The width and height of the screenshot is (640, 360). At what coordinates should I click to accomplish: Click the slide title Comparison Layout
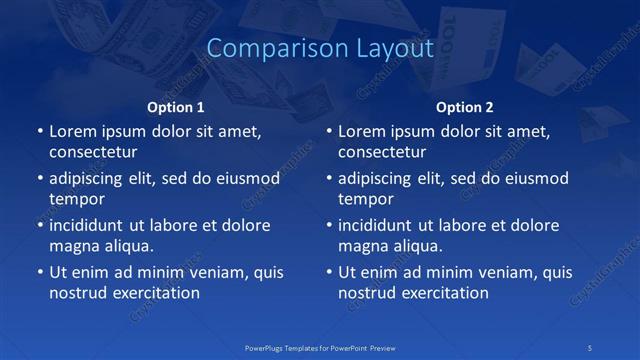click(319, 48)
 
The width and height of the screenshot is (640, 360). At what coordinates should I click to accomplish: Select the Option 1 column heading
click(176, 107)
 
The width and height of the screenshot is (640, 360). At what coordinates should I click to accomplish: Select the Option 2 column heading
click(465, 107)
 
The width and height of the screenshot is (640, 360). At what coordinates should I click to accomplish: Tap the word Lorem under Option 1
click(72, 131)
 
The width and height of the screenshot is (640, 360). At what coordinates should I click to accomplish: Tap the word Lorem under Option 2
click(361, 131)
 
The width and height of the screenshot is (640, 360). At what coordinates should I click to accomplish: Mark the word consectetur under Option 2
click(382, 152)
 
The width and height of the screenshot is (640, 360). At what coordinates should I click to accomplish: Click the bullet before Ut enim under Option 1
click(39, 272)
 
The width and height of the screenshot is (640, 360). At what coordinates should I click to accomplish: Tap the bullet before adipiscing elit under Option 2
click(328, 179)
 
